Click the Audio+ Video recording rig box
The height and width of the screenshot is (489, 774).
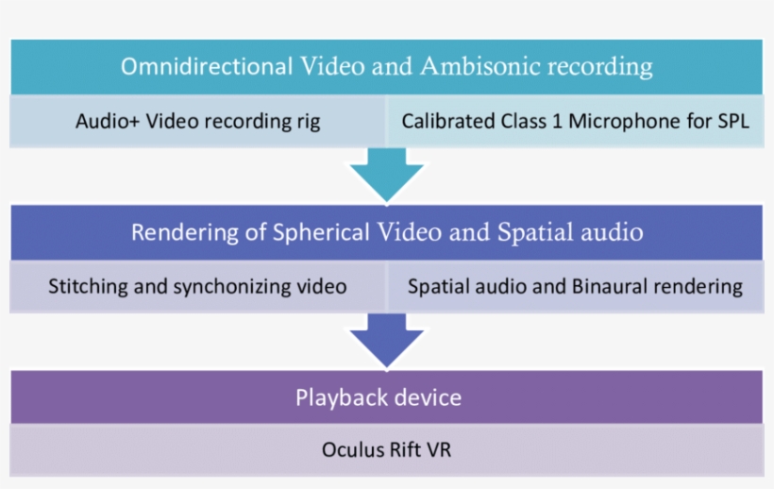[x=197, y=122]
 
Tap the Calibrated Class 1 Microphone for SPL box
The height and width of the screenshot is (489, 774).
[x=574, y=122]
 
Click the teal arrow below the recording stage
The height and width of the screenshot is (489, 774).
[x=386, y=172]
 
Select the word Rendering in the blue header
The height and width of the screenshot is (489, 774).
[x=180, y=231]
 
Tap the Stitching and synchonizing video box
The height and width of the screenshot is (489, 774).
[x=197, y=286]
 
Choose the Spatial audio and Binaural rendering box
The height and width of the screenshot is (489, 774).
[x=574, y=286]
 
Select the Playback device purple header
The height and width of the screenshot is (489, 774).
[x=386, y=396]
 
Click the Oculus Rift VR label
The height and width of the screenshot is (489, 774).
[x=386, y=450]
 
